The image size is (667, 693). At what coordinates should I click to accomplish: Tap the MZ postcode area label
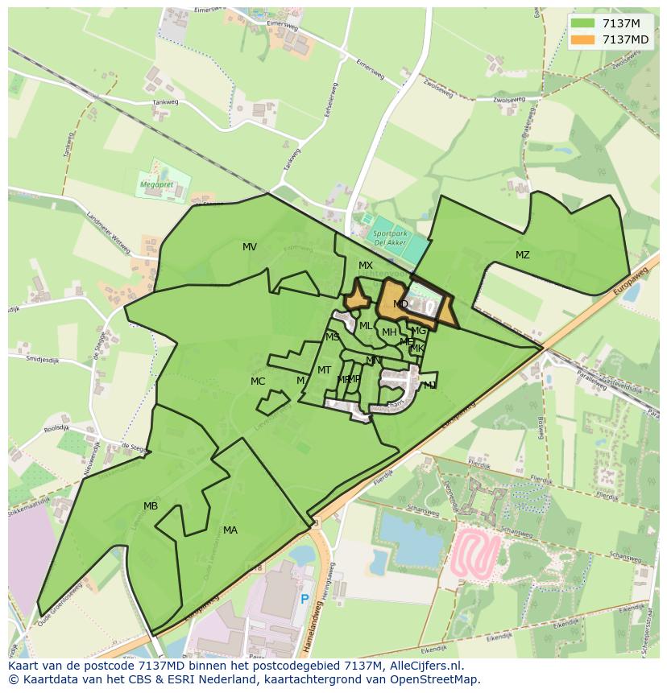tap(523, 255)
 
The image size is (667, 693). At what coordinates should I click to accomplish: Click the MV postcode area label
tap(250, 247)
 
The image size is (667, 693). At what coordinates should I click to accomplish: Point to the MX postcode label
tap(366, 266)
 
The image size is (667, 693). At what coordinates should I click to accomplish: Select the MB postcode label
tap(151, 506)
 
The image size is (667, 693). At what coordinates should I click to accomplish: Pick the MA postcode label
tap(230, 530)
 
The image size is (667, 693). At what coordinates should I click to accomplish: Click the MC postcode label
tap(258, 382)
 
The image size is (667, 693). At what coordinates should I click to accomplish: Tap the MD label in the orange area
tap(400, 304)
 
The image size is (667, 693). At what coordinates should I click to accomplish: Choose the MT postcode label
tap(324, 370)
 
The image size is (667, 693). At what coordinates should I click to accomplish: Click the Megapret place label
tap(156, 184)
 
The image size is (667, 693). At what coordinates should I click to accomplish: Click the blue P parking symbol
tap(304, 599)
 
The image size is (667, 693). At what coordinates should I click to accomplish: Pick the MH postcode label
tap(389, 332)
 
